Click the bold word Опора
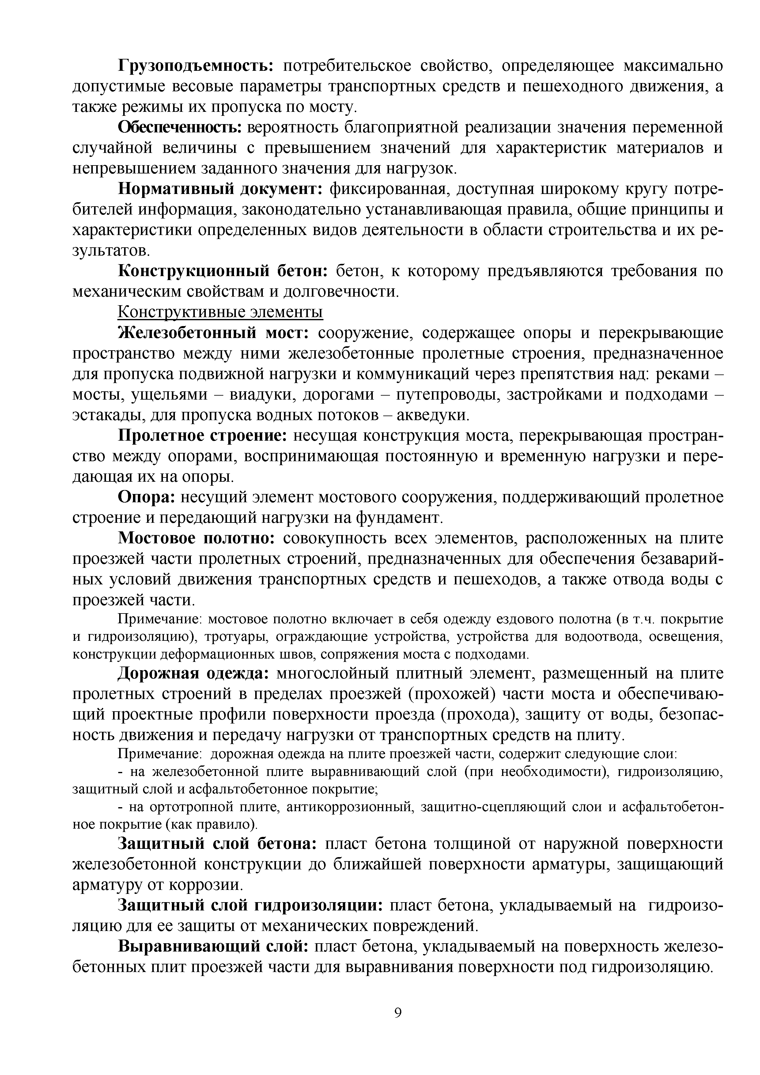tap(146, 497)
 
